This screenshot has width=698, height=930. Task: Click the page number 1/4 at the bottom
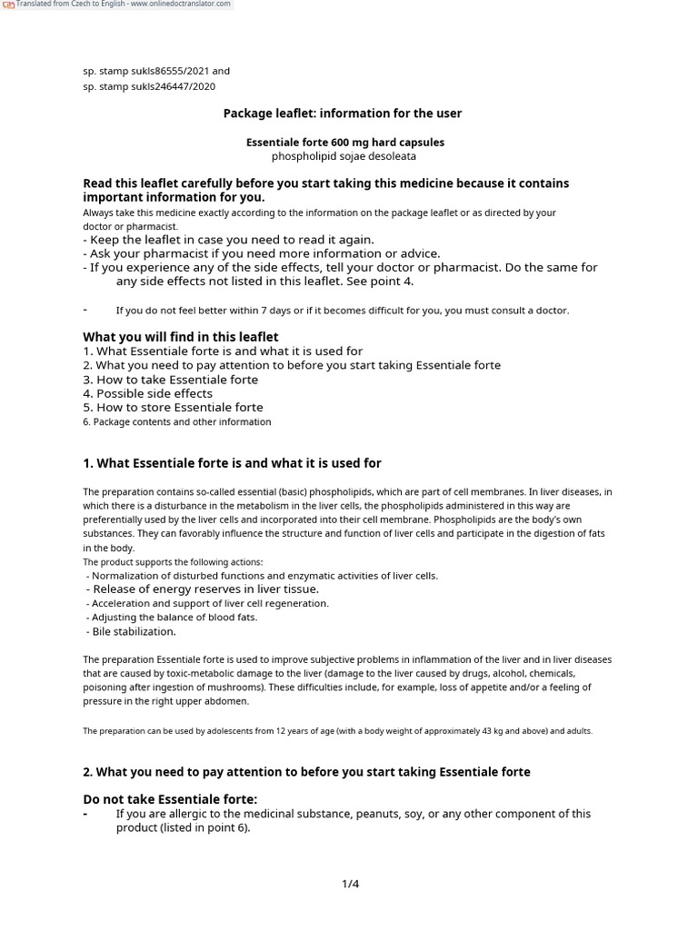(351, 884)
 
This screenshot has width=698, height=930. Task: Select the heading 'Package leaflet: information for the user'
(343, 114)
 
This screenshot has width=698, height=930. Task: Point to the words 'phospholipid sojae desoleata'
(344, 156)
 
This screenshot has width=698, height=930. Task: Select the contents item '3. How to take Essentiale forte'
(170, 380)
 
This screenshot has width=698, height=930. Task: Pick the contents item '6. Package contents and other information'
(176, 421)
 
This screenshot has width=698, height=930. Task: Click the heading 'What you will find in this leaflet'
(180, 337)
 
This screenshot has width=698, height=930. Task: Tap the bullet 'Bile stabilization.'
(134, 631)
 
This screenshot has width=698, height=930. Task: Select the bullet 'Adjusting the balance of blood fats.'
(174, 618)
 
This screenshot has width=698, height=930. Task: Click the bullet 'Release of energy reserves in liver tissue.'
(204, 589)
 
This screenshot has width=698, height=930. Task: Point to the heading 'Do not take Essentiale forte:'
(170, 799)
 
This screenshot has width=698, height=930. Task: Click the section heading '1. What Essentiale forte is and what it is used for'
(232, 463)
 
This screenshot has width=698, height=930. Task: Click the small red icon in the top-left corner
(8, 5)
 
